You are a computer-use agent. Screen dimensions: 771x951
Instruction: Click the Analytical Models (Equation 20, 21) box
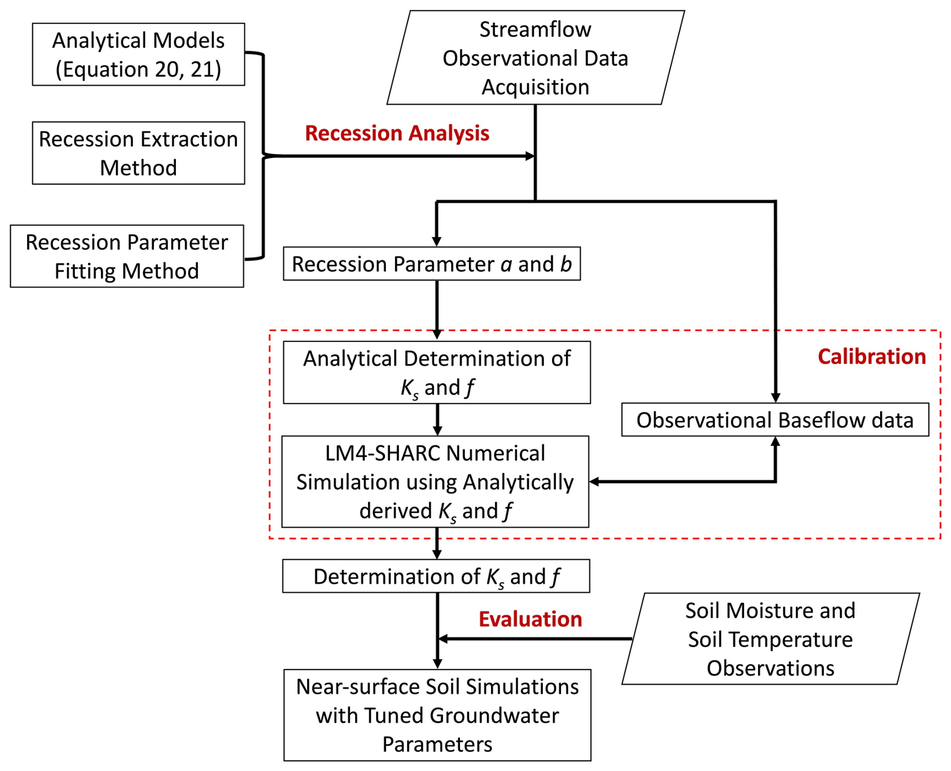click(138, 54)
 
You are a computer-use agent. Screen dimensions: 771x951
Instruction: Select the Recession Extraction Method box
click(138, 153)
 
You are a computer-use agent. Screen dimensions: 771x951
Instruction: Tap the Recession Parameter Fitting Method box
click(127, 256)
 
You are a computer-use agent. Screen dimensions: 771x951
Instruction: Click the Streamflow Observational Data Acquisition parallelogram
click(535, 58)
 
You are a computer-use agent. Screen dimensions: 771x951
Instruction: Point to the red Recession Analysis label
click(397, 133)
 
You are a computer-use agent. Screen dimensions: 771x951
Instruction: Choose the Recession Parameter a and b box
click(431, 264)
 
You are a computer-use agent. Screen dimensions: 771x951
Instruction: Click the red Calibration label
click(872, 357)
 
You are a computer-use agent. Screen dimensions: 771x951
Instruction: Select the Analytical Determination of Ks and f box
click(436, 372)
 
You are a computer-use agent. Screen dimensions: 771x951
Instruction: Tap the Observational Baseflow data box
click(775, 419)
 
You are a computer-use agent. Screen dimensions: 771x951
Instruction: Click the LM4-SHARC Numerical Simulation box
click(435, 481)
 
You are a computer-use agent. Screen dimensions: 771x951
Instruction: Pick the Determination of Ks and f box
click(436, 576)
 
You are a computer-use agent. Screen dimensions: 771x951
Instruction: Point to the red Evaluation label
click(530, 619)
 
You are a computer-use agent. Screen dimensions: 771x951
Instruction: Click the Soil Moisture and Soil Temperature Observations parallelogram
click(770, 639)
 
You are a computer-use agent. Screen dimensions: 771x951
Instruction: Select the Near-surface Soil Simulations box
click(437, 715)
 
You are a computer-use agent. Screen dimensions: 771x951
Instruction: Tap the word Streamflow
click(535, 29)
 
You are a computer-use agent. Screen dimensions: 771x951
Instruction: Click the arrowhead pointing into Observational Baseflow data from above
click(776, 398)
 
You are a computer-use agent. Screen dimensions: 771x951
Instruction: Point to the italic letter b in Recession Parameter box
click(566, 264)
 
